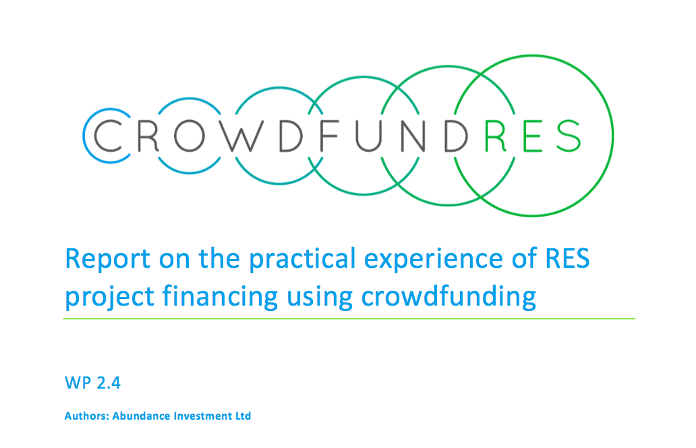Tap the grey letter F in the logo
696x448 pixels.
[329, 136]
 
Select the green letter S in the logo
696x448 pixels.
[568, 136]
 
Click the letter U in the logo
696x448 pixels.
[368, 136]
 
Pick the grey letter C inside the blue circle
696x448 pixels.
[108, 136]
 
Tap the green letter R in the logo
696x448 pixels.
[496, 136]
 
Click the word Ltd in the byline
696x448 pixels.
[243, 416]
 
